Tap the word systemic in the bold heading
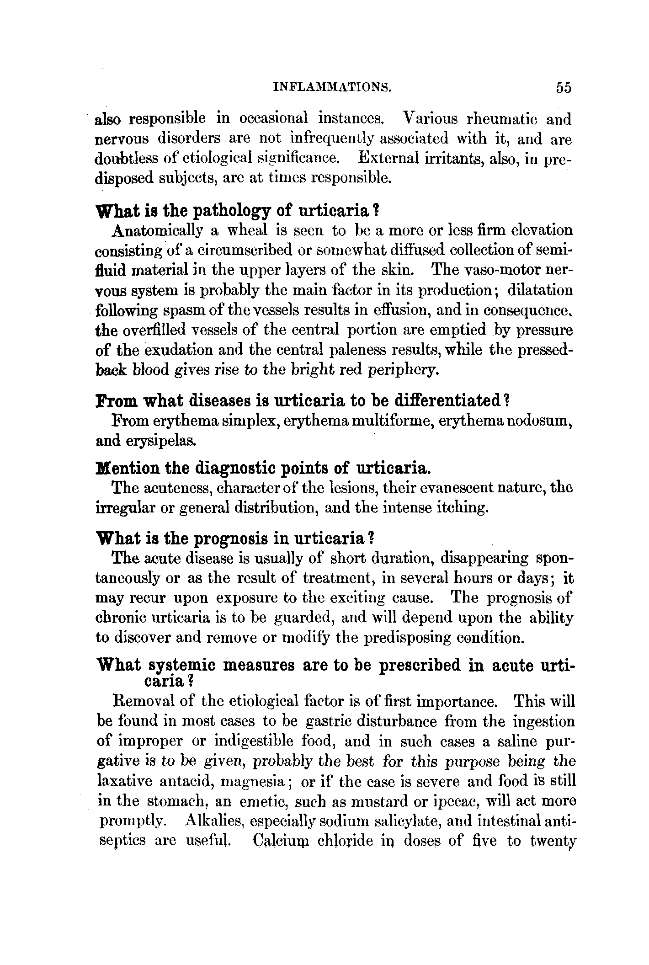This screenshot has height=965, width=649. tap(182, 666)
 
